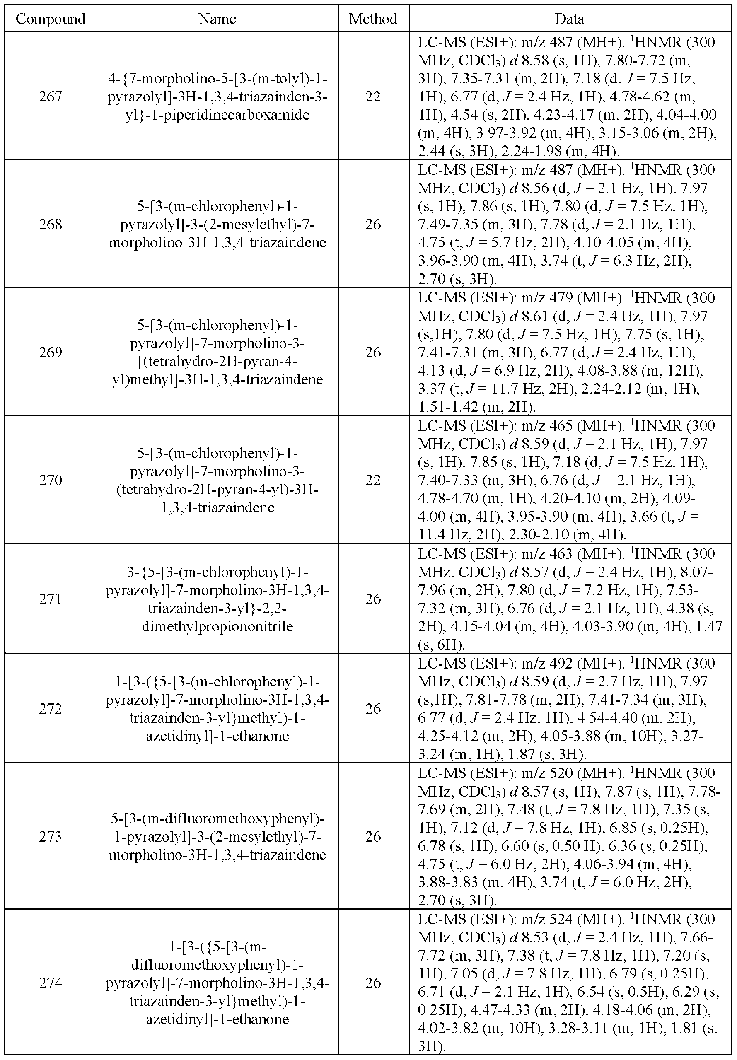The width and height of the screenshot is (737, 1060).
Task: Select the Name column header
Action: pos(217,19)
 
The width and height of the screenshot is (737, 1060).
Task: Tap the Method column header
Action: pos(373,19)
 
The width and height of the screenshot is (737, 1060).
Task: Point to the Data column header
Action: pos(569,19)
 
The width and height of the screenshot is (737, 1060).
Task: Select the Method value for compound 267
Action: pos(373,96)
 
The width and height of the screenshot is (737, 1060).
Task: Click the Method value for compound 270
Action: pos(373,480)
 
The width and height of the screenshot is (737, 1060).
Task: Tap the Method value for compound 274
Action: pos(373,983)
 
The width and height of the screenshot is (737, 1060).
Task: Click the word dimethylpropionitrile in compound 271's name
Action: pos(217,626)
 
